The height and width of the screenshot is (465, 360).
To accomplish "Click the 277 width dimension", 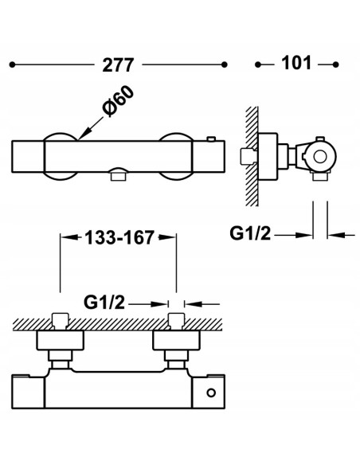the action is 118,65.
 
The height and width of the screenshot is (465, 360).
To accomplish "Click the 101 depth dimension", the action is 296,63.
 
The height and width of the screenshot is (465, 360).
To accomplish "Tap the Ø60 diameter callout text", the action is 118,101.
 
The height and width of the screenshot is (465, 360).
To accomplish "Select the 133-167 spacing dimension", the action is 119,237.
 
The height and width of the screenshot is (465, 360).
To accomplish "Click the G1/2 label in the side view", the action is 250,233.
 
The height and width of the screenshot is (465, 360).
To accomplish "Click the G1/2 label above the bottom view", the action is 104,303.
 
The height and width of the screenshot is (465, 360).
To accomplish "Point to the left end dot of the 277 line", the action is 12,64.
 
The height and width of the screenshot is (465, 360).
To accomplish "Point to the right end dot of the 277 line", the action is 225,64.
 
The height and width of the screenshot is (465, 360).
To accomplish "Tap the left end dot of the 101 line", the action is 258,64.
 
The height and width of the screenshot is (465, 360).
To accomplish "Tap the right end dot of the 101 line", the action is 335,64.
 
